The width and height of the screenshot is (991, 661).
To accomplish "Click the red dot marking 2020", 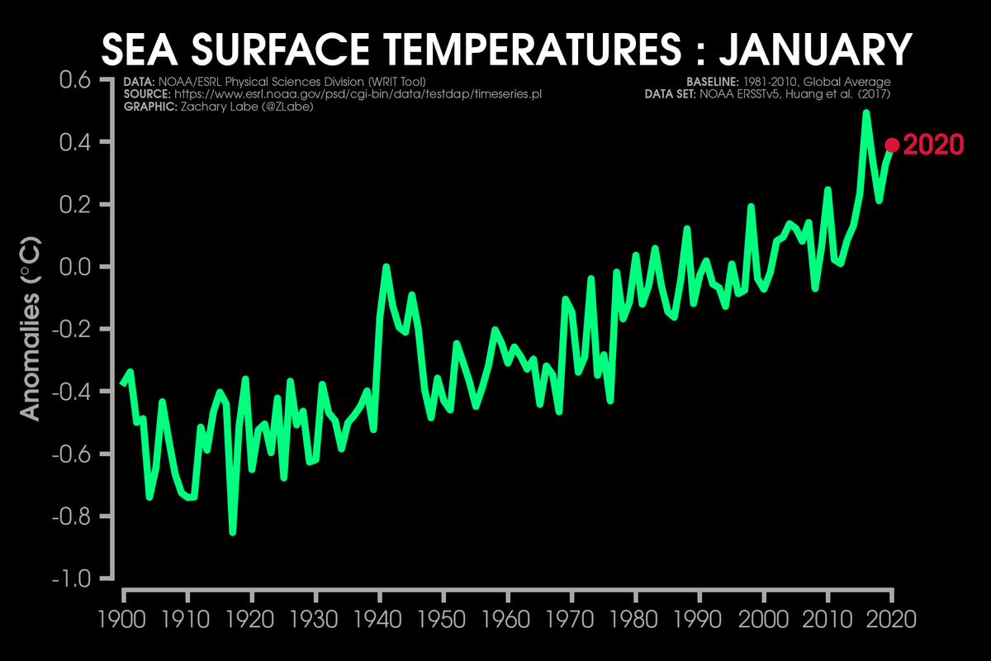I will click(892, 145).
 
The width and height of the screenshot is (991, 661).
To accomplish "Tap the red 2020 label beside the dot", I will click(934, 145).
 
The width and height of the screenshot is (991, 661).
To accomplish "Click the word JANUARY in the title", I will click(815, 50).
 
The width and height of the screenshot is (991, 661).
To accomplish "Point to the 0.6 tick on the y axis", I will click(78, 80).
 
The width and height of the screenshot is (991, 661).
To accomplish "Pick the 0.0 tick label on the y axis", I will click(78, 267).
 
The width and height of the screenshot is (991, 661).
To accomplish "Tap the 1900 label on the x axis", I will click(123, 618).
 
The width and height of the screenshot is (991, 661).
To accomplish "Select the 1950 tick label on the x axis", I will click(443, 618).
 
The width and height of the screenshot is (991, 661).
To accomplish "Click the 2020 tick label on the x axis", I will click(892, 618).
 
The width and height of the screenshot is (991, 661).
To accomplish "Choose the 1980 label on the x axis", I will click(636, 618).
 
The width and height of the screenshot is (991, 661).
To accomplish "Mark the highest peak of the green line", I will click(866, 112).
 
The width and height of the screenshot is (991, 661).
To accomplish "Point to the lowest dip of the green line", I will click(233, 532).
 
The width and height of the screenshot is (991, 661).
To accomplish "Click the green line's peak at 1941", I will click(386, 267).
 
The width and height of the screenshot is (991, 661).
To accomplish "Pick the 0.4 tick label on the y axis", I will click(78, 142).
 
